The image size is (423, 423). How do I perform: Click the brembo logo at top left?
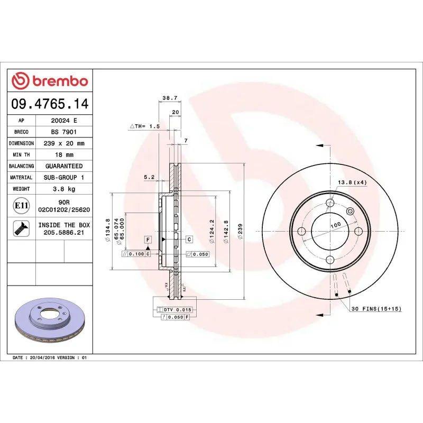tap(50, 81)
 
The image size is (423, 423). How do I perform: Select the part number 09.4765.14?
tap(50, 104)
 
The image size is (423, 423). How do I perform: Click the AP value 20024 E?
tap(63, 121)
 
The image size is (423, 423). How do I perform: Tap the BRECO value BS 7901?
tap(63, 132)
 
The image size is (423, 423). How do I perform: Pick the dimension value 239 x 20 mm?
tap(63, 143)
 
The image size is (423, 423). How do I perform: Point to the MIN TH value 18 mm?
tap(63, 155)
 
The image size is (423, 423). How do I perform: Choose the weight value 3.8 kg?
tap(63, 189)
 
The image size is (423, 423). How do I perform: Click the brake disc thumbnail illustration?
tap(50, 320)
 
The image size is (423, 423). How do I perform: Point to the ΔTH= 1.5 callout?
tap(144, 126)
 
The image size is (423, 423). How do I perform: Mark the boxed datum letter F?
tap(148, 240)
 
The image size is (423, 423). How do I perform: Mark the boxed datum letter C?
tap(189, 240)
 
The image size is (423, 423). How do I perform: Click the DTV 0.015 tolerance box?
tap(177, 309)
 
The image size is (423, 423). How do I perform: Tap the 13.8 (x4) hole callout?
tap(352, 182)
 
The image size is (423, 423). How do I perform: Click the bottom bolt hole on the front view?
tap(330, 259)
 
